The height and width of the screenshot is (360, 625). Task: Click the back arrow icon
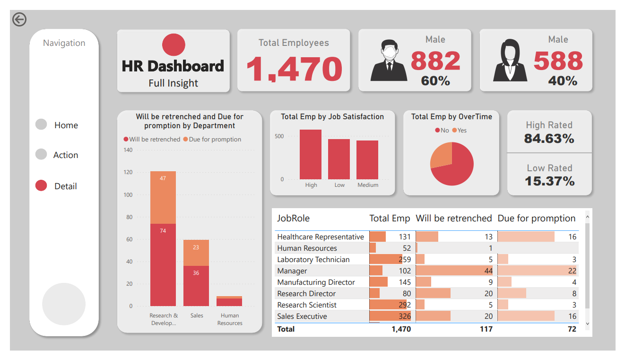(x=19, y=19)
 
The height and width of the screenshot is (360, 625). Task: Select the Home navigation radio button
(x=42, y=124)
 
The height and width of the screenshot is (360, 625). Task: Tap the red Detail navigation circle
(x=42, y=186)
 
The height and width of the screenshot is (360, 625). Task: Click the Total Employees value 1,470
(x=294, y=70)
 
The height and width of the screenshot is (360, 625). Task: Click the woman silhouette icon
(x=510, y=60)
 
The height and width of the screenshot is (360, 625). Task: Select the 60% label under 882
(x=435, y=81)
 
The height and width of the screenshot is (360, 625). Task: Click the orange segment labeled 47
(x=163, y=197)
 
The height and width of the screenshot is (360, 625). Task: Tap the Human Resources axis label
(x=230, y=319)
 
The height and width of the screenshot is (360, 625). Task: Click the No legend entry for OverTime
(x=442, y=131)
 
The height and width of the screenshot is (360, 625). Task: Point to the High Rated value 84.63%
(x=549, y=139)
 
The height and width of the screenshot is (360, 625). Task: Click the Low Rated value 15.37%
(x=549, y=181)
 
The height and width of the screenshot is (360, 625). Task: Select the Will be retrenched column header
(x=454, y=218)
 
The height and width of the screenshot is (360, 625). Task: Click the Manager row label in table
(x=292, y=271)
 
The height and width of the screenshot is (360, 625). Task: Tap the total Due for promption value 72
(x=572, y=329)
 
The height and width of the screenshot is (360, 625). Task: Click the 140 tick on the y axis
(x=128, y=150)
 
